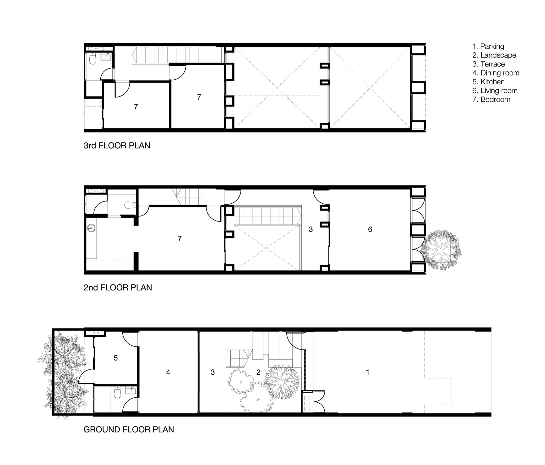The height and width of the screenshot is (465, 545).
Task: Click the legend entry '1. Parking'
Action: [488, 46]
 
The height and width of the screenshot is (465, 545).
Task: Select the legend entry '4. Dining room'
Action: [496, 73]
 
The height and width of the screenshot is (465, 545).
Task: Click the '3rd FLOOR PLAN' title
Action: [117, 146]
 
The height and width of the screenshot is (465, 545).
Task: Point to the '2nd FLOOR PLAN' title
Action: [118, 287]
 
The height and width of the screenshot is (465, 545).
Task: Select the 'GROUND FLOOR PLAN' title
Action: [129, 429]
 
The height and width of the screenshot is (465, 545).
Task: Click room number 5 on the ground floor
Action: [115, 358]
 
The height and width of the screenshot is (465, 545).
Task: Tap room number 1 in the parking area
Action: [367, 372]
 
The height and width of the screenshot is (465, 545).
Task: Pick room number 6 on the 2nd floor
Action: [370, 229]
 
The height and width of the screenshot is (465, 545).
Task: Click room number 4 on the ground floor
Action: [168, 372]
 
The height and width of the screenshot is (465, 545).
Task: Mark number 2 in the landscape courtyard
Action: [258, 372]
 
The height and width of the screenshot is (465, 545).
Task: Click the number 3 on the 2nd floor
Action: [311, 229]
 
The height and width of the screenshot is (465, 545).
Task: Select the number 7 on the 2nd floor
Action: [180, 238]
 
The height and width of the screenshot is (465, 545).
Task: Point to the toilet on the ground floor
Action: [117, 393]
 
